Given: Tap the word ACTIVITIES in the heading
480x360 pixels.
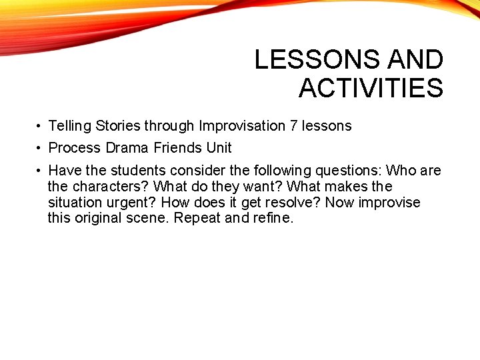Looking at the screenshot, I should point(371,88).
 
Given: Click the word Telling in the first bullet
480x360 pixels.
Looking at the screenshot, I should point(70,125).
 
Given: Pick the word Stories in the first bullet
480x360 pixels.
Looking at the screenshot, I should point(118,125).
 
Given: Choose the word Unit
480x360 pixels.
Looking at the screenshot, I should point(219,147).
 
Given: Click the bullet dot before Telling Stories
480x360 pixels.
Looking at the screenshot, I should point(40,126).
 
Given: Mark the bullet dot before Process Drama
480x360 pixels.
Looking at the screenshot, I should point(40,148).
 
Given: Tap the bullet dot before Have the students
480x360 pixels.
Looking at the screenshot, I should point(40,171).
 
